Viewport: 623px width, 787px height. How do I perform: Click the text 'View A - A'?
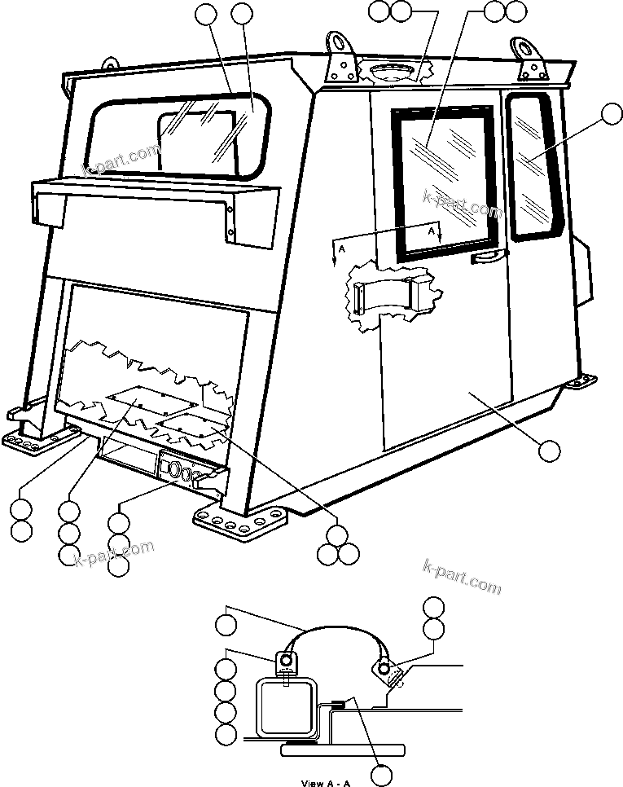coord(326,783)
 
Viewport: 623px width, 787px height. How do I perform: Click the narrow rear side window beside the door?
coord(533,167)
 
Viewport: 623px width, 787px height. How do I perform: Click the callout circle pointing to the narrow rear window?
coord(610,116)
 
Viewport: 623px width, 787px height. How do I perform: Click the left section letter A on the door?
coord(342,244)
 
